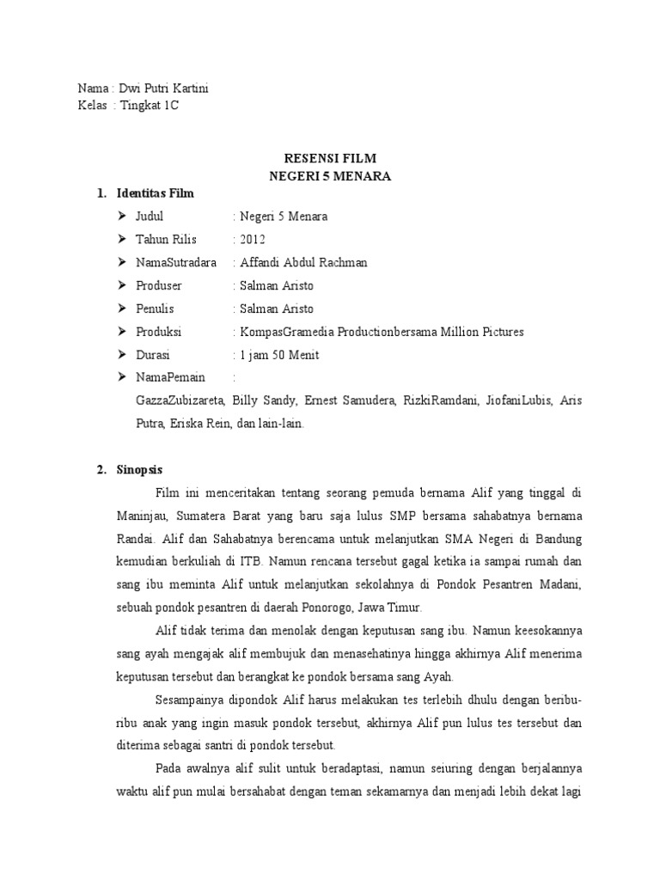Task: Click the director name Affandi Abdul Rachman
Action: pos(303,262)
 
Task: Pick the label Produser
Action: pos(159,285)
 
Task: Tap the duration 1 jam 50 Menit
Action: pos(281,355)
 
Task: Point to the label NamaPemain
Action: pos(171,378)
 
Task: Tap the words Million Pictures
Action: pos(481,332)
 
